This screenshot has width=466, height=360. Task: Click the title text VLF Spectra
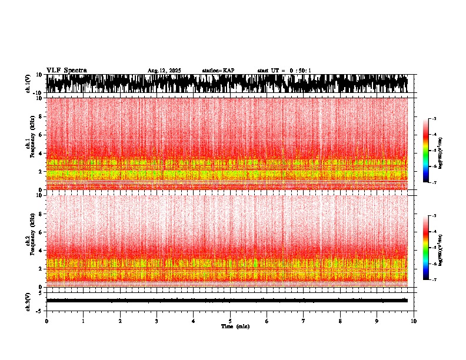pyautogui.click(x=66, y=70)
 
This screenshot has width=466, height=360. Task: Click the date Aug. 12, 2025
pyautogui.click(x=164, y=71)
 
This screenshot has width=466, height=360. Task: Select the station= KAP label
pyautogui.click(x=218, y=71)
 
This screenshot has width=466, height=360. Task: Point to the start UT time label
pyautogui.click(x=284, y=71)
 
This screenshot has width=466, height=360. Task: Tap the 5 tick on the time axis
pyautogui.click(x=230, y=321)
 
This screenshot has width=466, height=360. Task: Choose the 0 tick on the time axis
pyautogui.click(x=46, y=321)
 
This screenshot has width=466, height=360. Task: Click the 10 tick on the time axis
pyautogui.click(x=414, y=321)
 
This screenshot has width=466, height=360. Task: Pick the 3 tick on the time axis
pyautogui.click(x=157, y=321)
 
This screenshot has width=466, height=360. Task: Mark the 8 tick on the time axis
pyautogui.click(x=340, y=321)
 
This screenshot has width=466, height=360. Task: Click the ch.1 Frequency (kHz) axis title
pyautogui.click(x=29, y=144)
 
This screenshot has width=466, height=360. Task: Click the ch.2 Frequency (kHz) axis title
pyautogui.click(x=29, y=241)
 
